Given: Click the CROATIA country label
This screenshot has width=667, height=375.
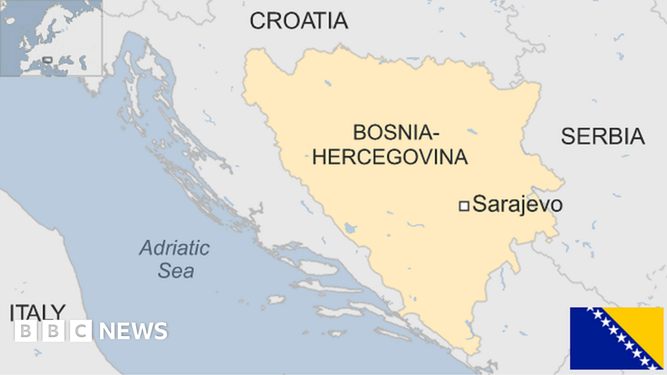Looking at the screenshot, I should click(x=298, y=21).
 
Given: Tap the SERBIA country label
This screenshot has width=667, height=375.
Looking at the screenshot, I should click(x=603, y=136).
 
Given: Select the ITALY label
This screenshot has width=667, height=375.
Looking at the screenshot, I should click(x=37, y=312).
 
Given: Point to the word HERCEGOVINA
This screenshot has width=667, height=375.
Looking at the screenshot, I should click(x=390, y=157).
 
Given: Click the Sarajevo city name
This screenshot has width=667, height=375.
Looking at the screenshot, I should click(x=517, y=205).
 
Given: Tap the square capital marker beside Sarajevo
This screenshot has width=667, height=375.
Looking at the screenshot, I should click(x=464, y=206).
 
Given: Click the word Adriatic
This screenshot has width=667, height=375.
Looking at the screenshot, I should click(x=174, y=248).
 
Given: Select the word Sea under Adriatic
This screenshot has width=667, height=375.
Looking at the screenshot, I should click(x=176, y=271).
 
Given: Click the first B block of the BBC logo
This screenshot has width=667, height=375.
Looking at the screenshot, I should click(x=25, y=331).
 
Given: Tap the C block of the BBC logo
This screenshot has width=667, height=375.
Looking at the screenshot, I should click(x=81, y=331).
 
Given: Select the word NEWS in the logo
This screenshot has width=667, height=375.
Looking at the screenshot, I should click(x=133, y=331).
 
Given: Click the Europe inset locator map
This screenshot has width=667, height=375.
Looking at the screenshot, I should click(x=51, y=38).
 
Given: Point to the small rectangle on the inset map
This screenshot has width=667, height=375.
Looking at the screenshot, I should click(x=47, y=59).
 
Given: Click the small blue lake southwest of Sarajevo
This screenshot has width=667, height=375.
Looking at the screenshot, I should click(x=350, y=228).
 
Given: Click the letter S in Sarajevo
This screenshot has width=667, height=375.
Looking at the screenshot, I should click(x=479, y=205).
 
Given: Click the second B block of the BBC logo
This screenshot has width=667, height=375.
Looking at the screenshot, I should click(x=53, y=331).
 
